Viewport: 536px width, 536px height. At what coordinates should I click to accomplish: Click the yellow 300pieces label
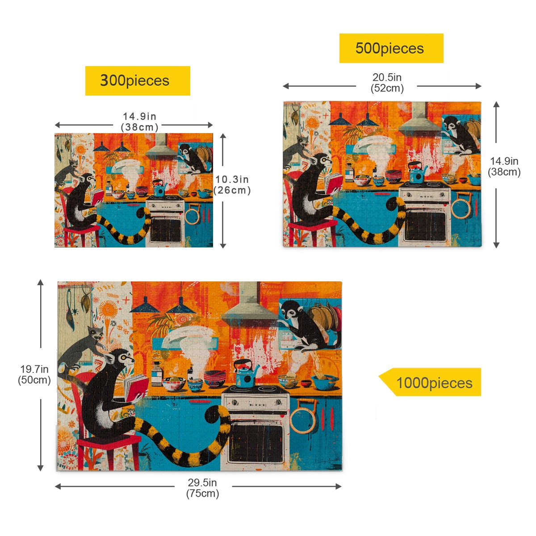coord(138,81)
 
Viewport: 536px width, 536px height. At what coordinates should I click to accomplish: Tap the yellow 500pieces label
coord(391,48)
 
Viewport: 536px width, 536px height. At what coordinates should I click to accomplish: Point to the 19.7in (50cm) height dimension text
coord(34,374)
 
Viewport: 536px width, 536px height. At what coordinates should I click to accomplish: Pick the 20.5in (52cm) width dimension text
coord(387,83)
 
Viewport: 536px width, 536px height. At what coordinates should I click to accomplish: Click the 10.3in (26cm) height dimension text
coord(232,184)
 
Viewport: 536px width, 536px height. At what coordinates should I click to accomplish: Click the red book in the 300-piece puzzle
coord(96,197)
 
